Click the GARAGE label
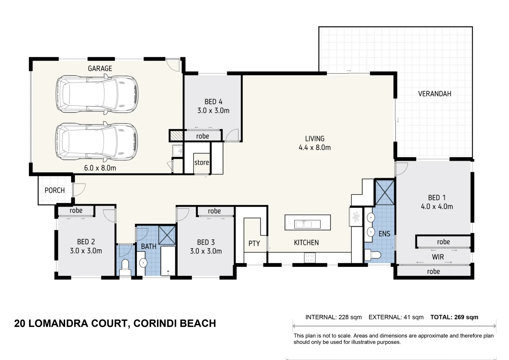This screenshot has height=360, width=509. pos(100,68)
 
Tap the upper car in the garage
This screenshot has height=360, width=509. pos(97,95)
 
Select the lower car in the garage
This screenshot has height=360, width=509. pos(97,141)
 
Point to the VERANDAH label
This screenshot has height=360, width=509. pos(434,94)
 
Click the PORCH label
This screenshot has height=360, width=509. pos(55,190)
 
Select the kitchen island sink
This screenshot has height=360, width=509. pos(307,224)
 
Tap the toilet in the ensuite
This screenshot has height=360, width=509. pos(373,255)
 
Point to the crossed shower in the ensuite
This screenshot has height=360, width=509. pos(385,192)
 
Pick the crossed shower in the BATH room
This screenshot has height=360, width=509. pos(167,235)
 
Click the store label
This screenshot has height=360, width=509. pos(202,163)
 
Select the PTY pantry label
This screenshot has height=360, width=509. pos(254,243)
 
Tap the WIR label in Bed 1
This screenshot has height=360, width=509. pos(438,257)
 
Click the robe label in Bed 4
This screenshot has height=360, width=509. pos(202,136)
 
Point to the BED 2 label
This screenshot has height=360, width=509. pos(86,242)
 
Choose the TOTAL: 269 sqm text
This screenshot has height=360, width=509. pos(454,317)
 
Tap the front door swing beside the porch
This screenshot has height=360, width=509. pos(79,190)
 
